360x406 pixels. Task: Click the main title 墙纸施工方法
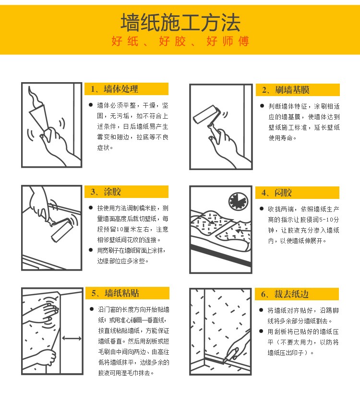pyautogui.click(x=180, y=23)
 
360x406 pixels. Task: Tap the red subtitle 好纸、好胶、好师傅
pyautogui.click(x=180, y=41)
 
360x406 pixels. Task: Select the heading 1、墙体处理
pyautogui.click(x=114, y=89)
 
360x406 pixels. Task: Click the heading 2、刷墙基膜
pyautogui.click(x=286, y=90)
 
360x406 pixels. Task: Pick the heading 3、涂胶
pyautogui.click(x=106, y=192)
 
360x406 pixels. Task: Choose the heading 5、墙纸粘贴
pyautogui.click(x=115, y=293)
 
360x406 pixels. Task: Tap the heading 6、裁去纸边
pyautogui.click(x=285, y=294)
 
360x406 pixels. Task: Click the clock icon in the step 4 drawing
pyautogui.click(x=238, y=201)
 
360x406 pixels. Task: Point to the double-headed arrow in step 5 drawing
pyautogui.click(x=72, y=338)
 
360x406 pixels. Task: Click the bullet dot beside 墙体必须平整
pyautogui.click(x=91, y=105)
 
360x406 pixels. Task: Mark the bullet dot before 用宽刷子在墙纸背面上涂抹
pyautogui.click(x=91, y=250)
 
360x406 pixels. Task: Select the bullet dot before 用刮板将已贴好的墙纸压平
pyautogui.click(x=262, y=332)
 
